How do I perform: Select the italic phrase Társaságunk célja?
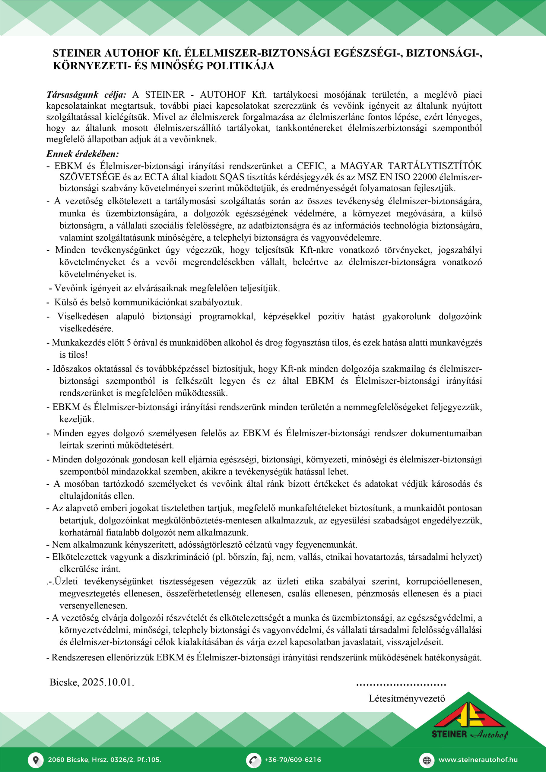(86, 95)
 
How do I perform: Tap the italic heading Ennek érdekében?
(82, 154)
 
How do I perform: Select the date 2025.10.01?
(108, 682)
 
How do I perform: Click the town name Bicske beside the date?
(64, 682)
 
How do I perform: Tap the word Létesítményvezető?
(407, 698)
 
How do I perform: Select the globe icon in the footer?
(427, 760)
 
